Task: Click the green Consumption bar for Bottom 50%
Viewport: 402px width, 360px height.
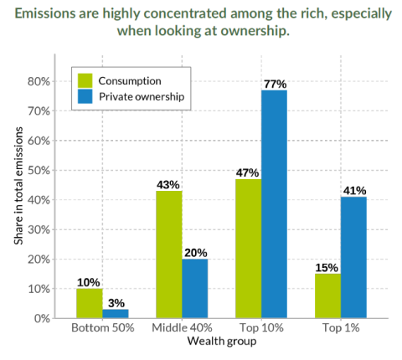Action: coord(89,303)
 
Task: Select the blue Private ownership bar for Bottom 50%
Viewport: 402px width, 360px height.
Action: coord(115,314)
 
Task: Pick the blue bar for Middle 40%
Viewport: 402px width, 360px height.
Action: coord(194,289)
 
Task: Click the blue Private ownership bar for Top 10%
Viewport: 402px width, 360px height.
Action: coord(274,204)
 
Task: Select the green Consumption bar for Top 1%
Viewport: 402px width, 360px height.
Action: coord(327,296)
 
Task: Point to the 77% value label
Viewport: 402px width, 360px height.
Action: coord(275,84)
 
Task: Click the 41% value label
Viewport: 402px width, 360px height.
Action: coord(354,190)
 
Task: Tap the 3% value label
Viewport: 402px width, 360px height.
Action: coord(116,302)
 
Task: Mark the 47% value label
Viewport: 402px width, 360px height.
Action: coord(247,172)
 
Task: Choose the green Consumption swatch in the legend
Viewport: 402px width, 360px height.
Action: coord(85,80)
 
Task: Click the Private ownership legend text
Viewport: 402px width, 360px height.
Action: coord(141,97)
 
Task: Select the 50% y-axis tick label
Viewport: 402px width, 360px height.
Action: coord(39,170)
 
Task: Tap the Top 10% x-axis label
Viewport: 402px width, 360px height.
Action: coord(260,331)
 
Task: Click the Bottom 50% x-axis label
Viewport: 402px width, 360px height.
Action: coord(101,331)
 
